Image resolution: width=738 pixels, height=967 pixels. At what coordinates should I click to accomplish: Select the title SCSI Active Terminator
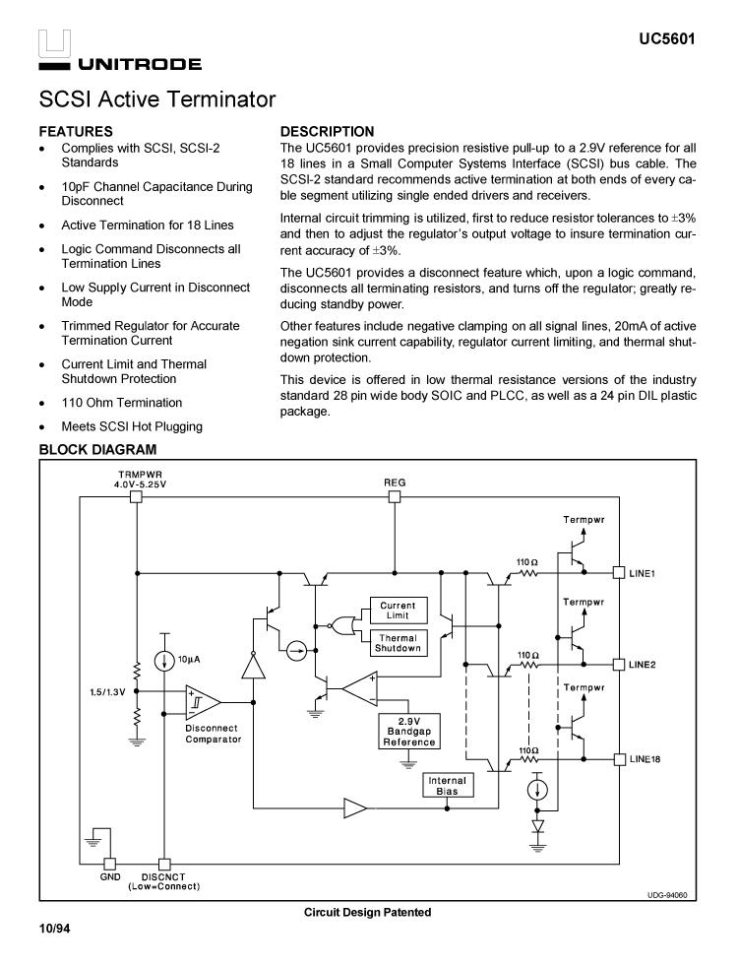click(x=157, y=100)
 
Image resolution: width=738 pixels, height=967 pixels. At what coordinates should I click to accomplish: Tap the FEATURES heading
click(x=76, y=131)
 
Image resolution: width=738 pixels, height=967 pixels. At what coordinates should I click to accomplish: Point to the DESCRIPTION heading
click(x=328, y=131)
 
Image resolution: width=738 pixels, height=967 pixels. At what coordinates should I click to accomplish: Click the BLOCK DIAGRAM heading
click(x=97, y=450)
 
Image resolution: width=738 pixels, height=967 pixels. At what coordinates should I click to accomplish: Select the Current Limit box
click(x=398, y=611)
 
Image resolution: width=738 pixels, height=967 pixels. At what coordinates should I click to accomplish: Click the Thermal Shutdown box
click(x=398, y=643)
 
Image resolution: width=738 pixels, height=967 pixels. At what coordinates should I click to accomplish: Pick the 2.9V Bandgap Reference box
click(x=409, y=732)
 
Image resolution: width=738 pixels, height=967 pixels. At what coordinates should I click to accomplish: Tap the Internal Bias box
click(x=447, y=786)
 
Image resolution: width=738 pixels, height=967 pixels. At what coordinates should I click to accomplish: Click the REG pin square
click(x=395, y=497)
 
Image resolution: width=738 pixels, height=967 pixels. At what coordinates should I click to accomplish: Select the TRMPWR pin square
click(x=137, y=497)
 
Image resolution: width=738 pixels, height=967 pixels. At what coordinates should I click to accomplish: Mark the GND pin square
click(x=110, y=863)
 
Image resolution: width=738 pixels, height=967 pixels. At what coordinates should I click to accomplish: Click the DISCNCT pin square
click(x=164, y=863)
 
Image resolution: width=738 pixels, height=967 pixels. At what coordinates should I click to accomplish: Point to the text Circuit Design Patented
click(x=367, y=913)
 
